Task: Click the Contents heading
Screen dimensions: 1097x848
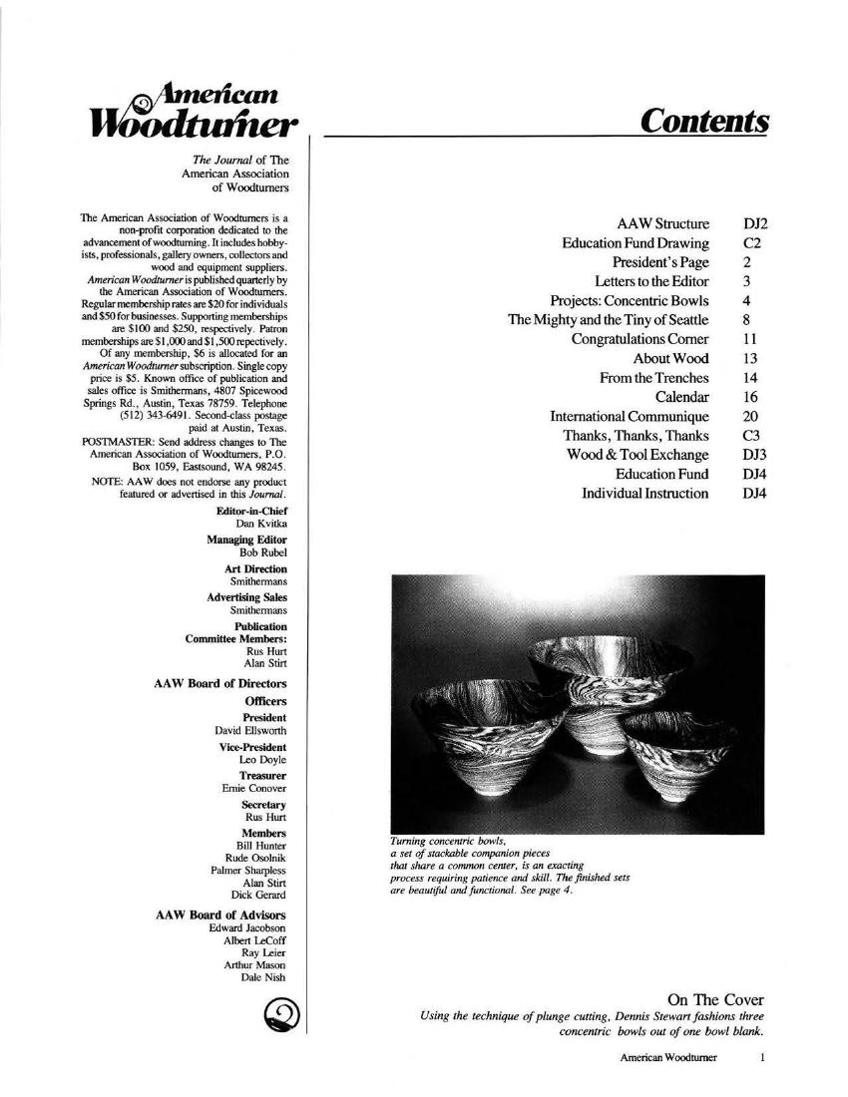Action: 704,122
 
